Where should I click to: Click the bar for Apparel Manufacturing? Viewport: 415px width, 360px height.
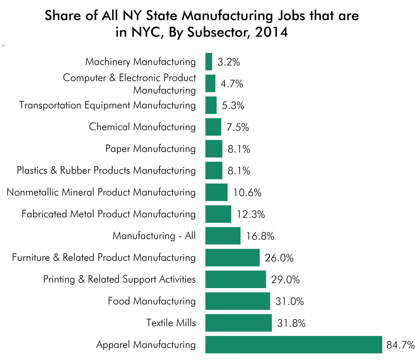point(293,345)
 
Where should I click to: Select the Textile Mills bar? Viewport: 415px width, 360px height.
point(238,323)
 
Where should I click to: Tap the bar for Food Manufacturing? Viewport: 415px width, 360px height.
point(237,301)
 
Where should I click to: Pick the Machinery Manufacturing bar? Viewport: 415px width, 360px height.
point(209,62)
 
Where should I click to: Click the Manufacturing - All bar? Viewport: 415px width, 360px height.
point(223,236)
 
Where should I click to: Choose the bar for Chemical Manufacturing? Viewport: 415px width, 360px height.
point(213,127)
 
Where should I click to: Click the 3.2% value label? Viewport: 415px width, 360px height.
point(229,62)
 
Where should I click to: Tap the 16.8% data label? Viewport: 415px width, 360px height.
point(260,236)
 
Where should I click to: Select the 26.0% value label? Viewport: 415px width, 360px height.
point(279,258)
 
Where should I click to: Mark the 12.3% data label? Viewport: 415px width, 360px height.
point(250,214)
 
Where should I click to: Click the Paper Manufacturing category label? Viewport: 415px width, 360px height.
point(151,149)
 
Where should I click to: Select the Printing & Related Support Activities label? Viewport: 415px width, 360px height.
point(119,279)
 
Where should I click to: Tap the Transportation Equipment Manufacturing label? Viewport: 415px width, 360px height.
point(107,105)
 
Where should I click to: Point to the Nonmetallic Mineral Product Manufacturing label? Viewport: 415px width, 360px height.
point(101,192)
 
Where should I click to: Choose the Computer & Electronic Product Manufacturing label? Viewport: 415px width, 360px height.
point(130,84)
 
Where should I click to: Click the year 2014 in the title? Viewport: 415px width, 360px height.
point(272,32)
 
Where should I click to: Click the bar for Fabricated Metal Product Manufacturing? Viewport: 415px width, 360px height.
point(218,214)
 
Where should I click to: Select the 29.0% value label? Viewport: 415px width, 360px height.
point(285,280)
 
